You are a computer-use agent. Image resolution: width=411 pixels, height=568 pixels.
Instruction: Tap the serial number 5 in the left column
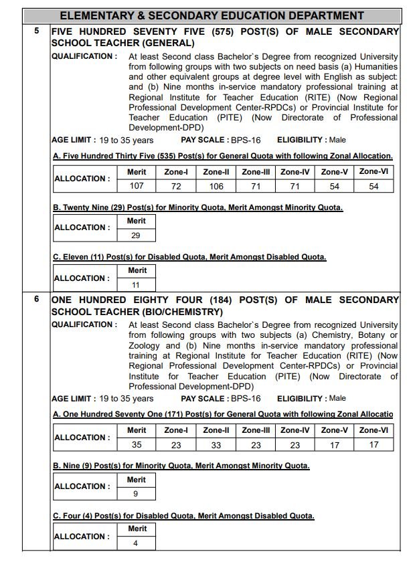pos(37,31)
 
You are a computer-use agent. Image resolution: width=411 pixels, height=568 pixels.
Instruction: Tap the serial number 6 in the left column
pos(37,299)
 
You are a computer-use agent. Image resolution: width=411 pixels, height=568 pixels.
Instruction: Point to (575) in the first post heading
pos(222,31)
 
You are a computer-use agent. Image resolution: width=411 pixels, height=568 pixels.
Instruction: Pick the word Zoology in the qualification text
pos(145,345)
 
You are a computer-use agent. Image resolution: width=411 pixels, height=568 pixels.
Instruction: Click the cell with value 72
pos(176,186)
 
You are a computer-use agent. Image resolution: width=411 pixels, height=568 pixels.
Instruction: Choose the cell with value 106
pos(216,186)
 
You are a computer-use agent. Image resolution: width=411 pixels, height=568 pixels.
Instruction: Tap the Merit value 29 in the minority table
pos(136,235)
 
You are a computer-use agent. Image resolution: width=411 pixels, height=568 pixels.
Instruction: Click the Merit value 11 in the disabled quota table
pos(136,285)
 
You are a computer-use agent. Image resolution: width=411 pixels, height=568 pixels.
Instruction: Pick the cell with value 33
pos(216,445)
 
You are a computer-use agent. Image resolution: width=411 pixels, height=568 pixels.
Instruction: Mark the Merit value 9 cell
pos(136,494)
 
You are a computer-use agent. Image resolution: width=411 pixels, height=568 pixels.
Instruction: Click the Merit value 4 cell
pos(136,543)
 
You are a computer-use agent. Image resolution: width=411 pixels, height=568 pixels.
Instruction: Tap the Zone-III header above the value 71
pos(256,172)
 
